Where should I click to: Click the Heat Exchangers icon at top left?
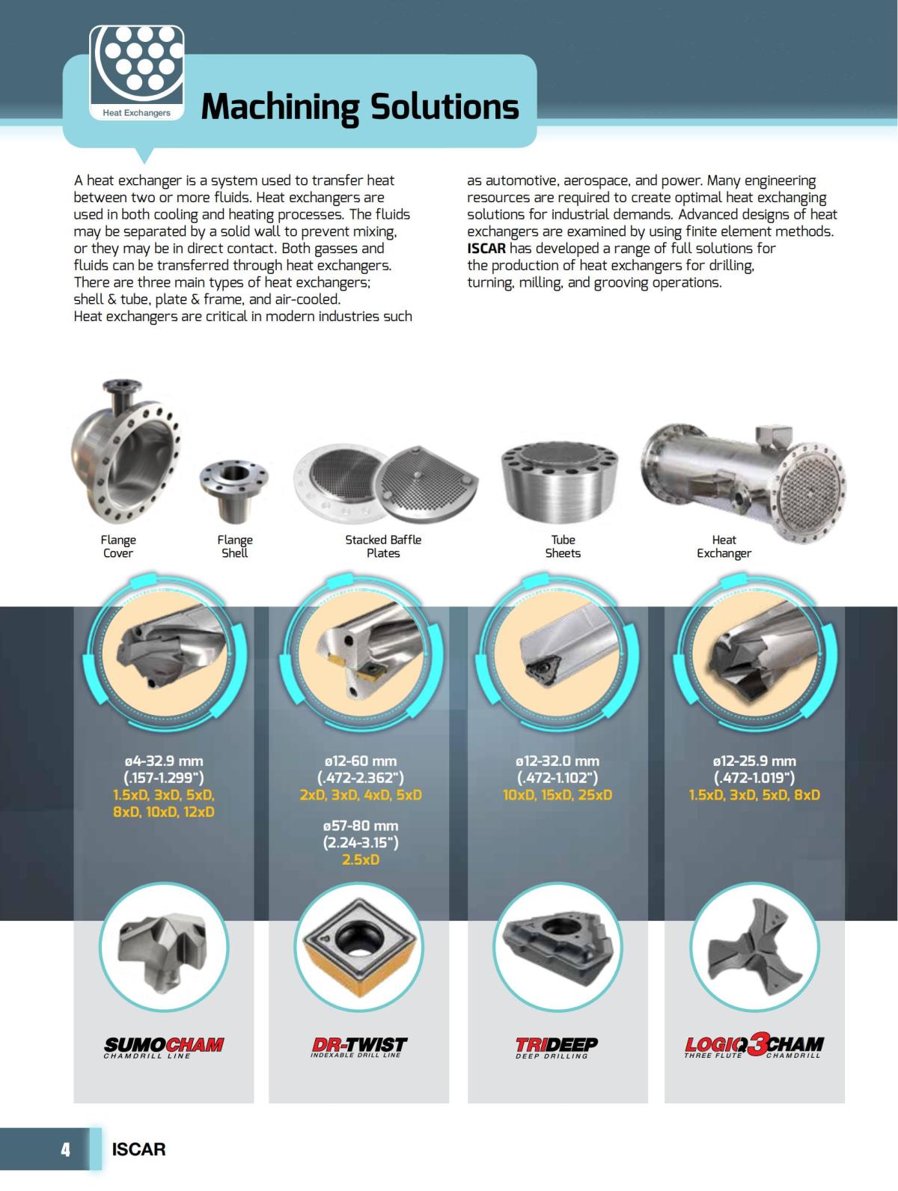136,73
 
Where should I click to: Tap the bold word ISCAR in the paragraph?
486,249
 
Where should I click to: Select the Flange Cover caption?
118,546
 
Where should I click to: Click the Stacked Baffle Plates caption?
383,546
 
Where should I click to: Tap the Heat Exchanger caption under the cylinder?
724,546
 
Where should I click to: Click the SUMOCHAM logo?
164,1046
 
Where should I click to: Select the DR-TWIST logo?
358,1046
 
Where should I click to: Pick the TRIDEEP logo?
557,1046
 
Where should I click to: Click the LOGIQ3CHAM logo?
754,1046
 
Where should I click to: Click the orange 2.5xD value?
360,859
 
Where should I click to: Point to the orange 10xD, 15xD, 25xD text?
557,794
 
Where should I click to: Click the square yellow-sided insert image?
359,945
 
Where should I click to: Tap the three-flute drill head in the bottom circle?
754,945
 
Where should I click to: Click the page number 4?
66,1149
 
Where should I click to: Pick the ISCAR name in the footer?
138,1149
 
